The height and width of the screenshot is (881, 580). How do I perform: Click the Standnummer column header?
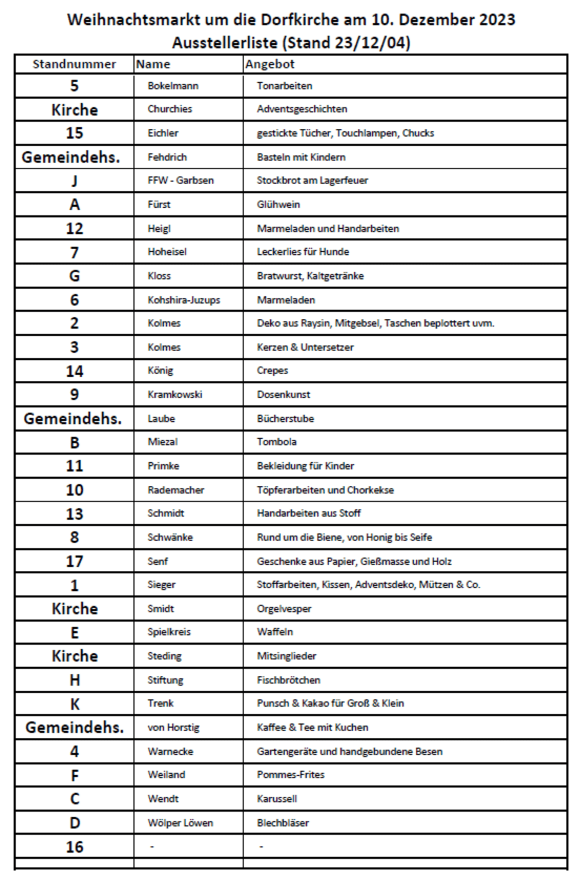pyautogui.click(x=74, y=64)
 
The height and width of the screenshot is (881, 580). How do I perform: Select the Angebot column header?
pyautogui.click(x=270, y=64)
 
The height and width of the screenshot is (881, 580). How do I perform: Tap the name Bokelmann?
pyautogui.click(x=173, y=86)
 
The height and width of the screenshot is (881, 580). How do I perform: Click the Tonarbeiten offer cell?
pyautogui.click(x=284, y=86)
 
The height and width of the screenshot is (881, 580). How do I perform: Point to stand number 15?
pyautogui.click(x=74, y=133)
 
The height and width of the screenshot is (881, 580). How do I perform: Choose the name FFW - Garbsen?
pyautogui.click(x=181, y=180)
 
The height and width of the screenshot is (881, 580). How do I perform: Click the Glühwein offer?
pyautogui.click(x=278, y=205)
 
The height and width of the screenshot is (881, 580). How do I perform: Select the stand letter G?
pyautogui.click(x=74, y=276)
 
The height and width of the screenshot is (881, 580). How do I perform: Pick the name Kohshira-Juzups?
pyautogui.click(x=184, y=300)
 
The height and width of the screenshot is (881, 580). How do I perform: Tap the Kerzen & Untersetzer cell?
pyautogui.click(x=305, y=347)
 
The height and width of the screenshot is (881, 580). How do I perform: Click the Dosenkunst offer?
pyautogui.click(x=283, y=395)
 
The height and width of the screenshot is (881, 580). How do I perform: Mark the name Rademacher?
pyautogui.click(x=176, y=490)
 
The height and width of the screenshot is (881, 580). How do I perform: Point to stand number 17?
pyautogui.click(x=74, y=562)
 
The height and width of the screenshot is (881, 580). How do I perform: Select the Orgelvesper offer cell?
pyautogui.click(x=284, y=609)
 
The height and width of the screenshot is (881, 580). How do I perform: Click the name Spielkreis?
pyautogui.click(x=169, y=632)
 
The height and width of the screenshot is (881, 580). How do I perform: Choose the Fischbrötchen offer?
pyautogui.click(x=288, y=680)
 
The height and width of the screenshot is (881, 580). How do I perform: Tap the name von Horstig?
pyautogui.click(x=174, y=727)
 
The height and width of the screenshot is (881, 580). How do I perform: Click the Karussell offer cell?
pyautogui.click(x=277, y=799)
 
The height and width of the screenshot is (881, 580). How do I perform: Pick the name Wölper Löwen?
pyautogui.click(x=180, y=823)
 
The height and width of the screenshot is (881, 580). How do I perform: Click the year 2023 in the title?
pyautogui.click(x=497, y=20)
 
